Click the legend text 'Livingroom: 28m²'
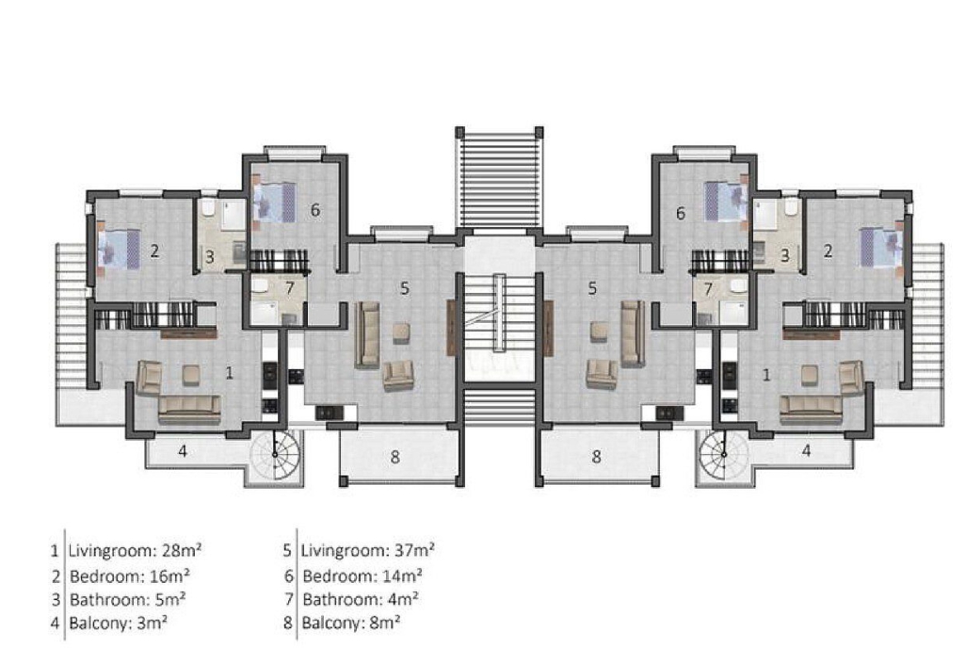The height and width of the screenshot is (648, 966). (x=135, y=550)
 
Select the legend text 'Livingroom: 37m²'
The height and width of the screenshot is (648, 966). (x=367, y=550)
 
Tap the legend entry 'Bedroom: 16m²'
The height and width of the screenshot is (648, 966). (x=130, y=576)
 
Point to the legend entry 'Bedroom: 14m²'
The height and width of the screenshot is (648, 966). (x=362, y=576)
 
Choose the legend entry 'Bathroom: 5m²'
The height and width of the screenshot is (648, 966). (x=127, y=599)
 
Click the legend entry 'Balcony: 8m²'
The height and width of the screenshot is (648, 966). (x=351, y=622)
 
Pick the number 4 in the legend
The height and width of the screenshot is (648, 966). (x=55, y=622)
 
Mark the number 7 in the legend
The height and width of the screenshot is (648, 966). (x=288, y=599)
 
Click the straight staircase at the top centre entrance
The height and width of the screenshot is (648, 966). (x=499, y=178)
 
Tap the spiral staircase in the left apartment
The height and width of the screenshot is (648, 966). (x=276, y=455)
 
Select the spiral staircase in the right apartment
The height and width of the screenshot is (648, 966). (x=723, y=455)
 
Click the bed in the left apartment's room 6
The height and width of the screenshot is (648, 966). (x=274, y=201)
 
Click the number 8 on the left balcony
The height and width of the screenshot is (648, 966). (x=395, y=457)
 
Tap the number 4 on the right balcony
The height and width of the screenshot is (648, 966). (x=807, y=451)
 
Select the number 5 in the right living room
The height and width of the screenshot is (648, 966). (x=592, y=288)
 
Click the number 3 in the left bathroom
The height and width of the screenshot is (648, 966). (x=210, y=256)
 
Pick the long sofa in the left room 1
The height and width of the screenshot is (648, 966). (x=189, y=409)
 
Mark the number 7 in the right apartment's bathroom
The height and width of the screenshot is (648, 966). (x=708, y=288)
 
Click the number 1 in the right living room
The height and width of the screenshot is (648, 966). (x=766, y=375)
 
